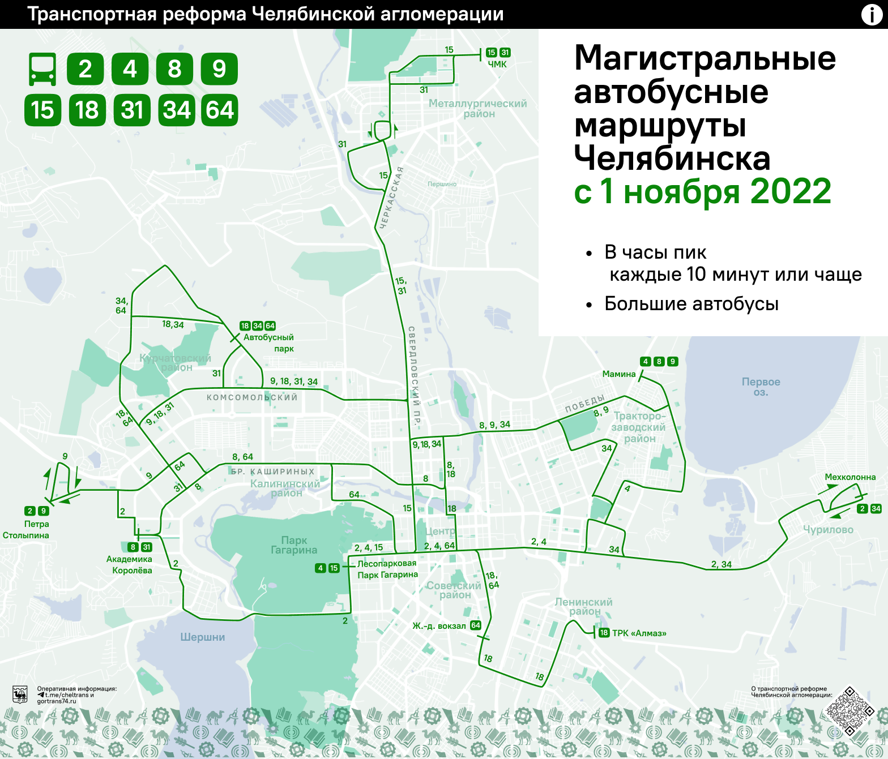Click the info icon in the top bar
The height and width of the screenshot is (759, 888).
[x=872, y=14]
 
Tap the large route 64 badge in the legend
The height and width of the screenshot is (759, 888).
[x=220, y=110]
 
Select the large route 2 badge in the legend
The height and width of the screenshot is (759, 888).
[x=85, y=69]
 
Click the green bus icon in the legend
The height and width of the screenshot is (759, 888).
[x=42, y=69]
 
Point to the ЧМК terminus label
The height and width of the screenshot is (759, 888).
[x=497, y=65]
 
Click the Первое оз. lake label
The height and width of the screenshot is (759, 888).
[x=761, y=387]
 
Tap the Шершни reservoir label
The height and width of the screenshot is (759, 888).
[x=203, y=637]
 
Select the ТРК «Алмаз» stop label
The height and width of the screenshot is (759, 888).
[x=639, y=633]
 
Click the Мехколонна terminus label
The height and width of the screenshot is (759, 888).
[x=850, y=477]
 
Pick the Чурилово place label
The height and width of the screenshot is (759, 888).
[x=828, y=530]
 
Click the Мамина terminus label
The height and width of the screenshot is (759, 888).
[x=619, y=374]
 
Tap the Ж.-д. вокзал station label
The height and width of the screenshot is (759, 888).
[x=439, y=626]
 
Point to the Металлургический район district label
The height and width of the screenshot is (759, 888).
[x=477, y=108]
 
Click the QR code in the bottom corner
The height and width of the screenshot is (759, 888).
[x=849, y=711]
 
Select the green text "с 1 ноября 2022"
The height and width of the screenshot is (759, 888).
[x=702, y=191]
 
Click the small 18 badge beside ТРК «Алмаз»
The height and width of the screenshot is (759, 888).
[x=604, y=633]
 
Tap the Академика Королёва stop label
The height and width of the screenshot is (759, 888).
[x=129, y=565]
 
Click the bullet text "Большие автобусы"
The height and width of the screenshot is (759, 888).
[x=691, y=304]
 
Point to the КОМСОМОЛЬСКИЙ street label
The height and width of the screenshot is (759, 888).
[x=252, y=397]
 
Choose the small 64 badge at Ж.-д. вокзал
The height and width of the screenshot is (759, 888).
[x=476, y=625]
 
